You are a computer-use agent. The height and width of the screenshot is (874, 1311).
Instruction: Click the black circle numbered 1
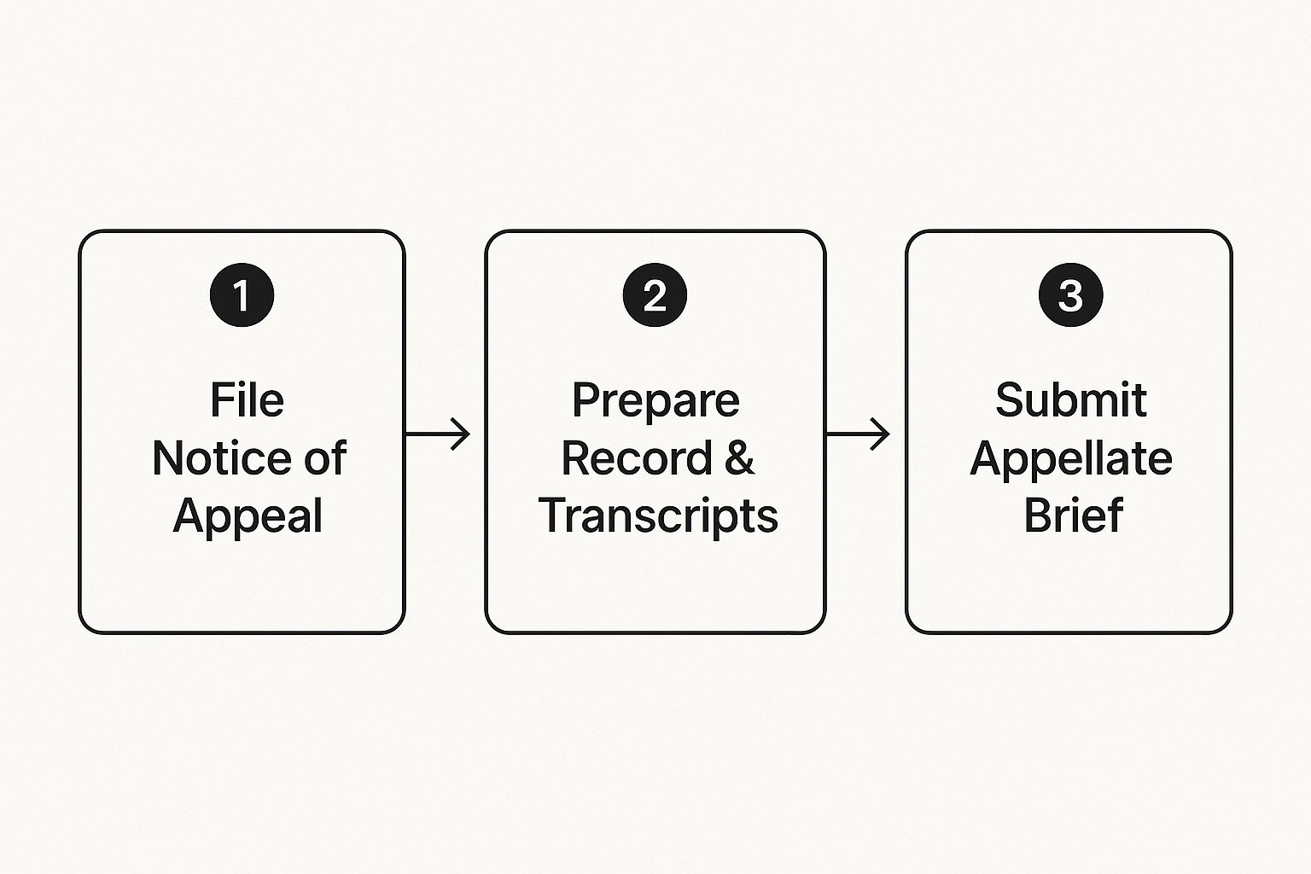[x=242, y=295]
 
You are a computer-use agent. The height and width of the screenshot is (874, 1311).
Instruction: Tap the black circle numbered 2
[x=655, y=295]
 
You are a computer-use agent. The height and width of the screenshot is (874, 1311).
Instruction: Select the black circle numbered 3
[x=1070, y=295]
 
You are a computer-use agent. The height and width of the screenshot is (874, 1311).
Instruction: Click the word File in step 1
[x=247, y=399]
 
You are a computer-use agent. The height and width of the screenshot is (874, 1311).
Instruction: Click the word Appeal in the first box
[x=248, y=516]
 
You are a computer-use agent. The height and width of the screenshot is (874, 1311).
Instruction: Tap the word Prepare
[x=655, y=400]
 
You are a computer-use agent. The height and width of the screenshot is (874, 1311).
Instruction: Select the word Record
[x=636, y=458]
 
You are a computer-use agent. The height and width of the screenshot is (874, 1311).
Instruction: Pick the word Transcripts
[x=658, y=516]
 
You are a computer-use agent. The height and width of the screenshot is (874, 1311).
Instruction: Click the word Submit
[x=1070, y=399]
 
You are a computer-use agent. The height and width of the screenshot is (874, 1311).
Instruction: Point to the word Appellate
[x=1070, y=459]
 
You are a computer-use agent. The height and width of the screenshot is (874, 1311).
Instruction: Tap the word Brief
[x=1073, y=516]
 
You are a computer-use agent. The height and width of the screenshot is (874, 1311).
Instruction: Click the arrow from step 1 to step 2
[x=437, y=434]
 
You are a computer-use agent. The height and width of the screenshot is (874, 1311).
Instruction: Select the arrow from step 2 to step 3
[x=857, y=434]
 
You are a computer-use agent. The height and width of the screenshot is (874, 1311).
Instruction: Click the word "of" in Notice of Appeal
[x=325, y=458]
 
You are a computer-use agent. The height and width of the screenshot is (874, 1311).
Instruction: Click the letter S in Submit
[x=1010, y=399]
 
